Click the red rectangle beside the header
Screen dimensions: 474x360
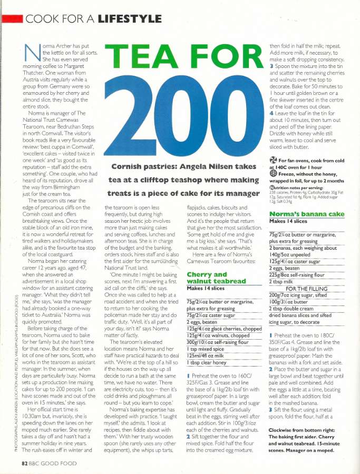(x=12, y=19)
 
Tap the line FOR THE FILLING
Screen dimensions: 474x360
(x=309, y=288)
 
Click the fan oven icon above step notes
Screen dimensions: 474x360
(x=273, y=160)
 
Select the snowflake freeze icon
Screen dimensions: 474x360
(x=273, y=173)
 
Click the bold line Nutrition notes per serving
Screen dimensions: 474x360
(x=297, y=187)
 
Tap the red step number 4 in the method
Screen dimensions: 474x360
(x=271, y=113)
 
